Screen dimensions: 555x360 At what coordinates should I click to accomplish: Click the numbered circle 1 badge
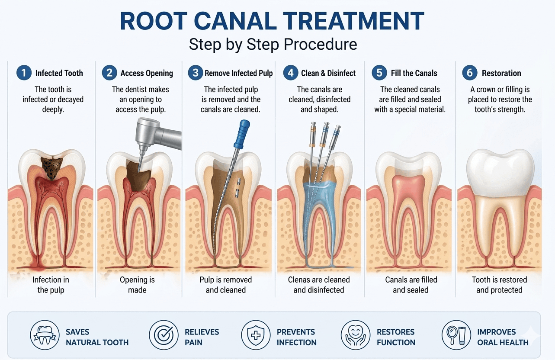[x=24, y=73]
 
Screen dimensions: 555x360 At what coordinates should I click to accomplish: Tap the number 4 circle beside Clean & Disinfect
[x=291, y=73]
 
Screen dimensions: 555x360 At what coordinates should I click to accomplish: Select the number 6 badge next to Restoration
[x=469, y=73]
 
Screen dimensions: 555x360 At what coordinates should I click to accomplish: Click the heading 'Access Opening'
[x=147, y=73]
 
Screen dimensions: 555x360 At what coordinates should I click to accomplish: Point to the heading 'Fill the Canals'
[x=414, y=73]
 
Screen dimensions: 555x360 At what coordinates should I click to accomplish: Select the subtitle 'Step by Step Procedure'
[x=273, y=44]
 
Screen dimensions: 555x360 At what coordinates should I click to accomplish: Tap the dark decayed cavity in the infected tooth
[x=51, y=167]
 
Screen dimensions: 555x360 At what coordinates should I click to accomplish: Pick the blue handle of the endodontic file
[x=241, y=134]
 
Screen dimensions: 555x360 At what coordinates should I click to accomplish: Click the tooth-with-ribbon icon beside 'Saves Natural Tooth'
[x=45, y=335]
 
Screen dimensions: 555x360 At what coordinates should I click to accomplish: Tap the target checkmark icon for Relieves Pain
[x=164, y=335]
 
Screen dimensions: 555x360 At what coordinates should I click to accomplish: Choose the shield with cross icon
[x=256, y=335]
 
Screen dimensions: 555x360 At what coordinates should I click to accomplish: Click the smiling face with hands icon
[x=356, y=335]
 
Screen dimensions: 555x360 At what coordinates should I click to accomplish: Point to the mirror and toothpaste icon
[x=456, y=335]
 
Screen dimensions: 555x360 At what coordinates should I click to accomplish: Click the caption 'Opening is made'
[x=137, y=285]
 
